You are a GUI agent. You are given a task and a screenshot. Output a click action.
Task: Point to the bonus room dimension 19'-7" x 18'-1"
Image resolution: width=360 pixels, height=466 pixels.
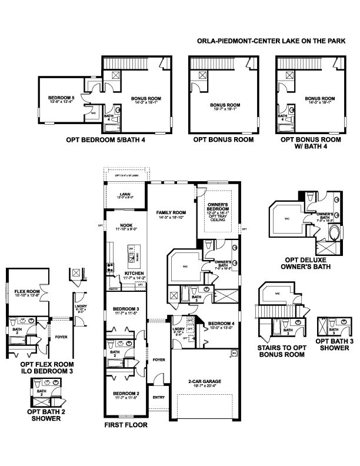pos(223,109)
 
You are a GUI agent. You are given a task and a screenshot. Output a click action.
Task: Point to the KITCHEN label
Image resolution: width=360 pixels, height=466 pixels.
pos(132,274)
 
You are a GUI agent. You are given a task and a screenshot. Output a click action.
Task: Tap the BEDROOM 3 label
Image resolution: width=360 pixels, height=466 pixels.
pos(126,309)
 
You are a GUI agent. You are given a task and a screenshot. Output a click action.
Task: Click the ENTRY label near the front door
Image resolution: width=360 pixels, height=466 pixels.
pos(158,397)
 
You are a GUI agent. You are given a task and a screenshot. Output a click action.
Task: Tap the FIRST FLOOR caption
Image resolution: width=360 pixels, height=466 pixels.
pos(125,424)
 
